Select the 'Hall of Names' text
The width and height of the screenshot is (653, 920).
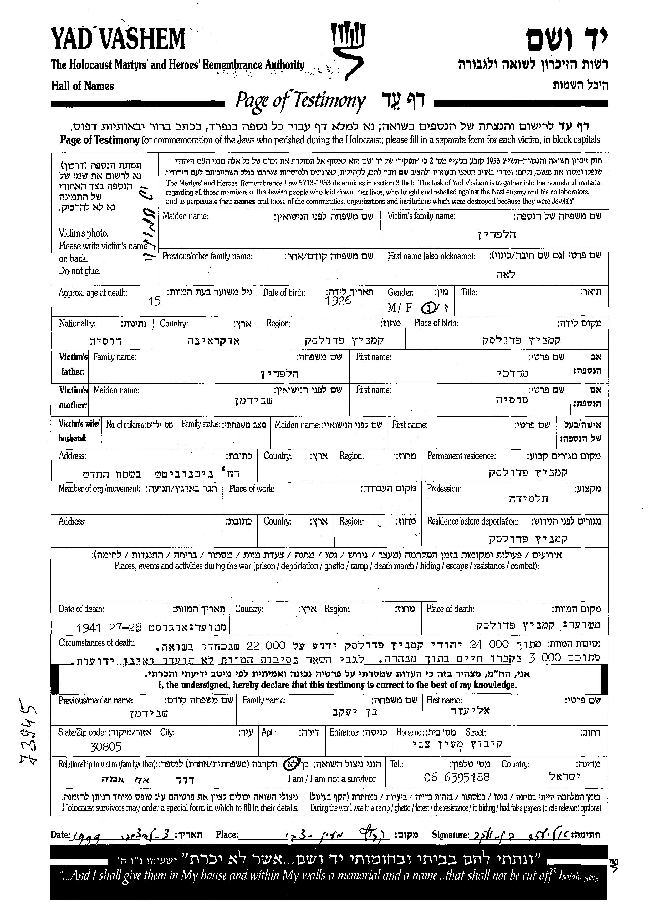83,86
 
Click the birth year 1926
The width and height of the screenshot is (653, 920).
338,301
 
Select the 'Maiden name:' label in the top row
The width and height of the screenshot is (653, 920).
185,216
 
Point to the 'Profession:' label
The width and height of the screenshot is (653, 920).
444,489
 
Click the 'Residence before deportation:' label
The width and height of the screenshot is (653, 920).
472,522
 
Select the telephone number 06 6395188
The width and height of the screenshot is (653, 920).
457,777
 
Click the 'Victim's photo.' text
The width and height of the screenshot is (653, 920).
84,233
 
